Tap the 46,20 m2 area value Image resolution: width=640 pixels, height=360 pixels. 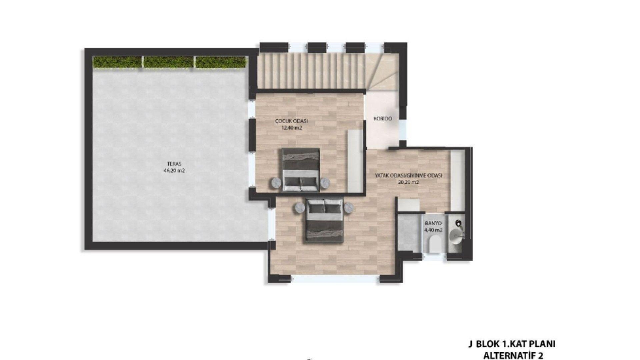(174, 171)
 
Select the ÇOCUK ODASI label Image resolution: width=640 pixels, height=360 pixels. (291, 121)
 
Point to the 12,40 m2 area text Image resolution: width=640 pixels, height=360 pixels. (291, 128)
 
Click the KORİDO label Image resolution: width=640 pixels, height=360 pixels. (383, 119)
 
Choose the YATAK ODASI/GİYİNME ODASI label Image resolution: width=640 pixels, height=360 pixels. (408, 175)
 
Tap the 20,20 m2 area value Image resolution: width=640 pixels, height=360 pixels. (408, 182)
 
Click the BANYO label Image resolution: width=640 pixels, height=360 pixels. (433, 224)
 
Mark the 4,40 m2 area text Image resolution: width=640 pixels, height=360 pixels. (433, 230)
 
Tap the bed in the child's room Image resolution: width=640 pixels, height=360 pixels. (301, 170)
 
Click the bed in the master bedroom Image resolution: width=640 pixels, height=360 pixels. (325, 221)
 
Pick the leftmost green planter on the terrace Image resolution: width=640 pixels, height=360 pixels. (117, 62)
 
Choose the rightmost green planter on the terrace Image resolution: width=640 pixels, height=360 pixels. (221, 62)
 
